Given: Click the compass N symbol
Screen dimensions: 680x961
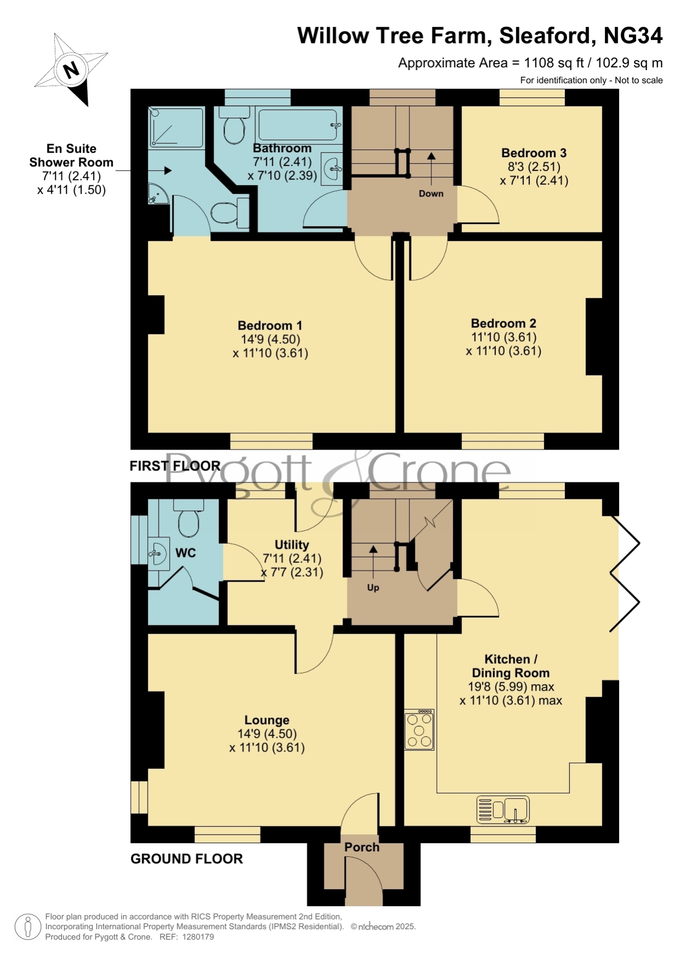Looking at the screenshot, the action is click(71, 70).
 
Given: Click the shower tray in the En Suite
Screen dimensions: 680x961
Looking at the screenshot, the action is click(176, 128).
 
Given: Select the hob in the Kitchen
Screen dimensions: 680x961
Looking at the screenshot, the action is click(419, 730).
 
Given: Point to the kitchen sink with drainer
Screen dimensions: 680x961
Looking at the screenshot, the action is click(503, 809).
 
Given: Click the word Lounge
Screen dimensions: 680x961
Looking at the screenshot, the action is click(267, 721).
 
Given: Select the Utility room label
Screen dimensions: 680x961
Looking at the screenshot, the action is click(292, 545).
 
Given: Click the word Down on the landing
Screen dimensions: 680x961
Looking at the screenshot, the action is click(431, 193).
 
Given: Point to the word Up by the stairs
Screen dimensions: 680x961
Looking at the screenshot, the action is click(373, 588).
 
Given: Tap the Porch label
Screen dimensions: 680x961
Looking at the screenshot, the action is click(362, 847).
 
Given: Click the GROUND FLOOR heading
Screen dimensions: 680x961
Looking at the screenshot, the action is click(186, 859).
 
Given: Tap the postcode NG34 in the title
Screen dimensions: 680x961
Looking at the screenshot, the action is click(633, 36).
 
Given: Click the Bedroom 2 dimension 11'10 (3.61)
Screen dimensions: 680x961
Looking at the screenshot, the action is click(504, 337).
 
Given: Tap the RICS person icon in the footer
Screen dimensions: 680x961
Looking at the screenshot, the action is click(27, 927).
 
